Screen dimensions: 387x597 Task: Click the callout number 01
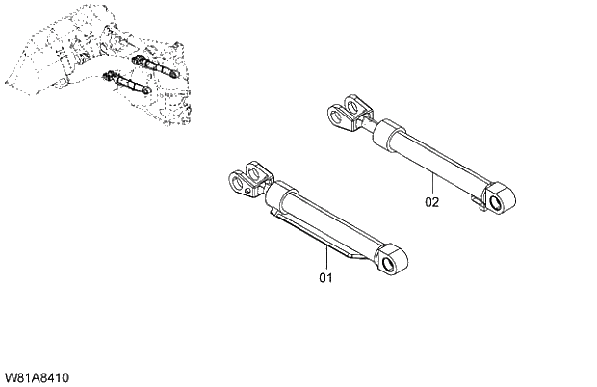pyautogui.click(x=325, y=277)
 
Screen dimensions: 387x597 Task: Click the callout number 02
pyautogui.click(x=431, y=202)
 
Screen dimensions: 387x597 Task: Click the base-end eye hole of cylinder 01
pyautogui.click(x=391, y=263)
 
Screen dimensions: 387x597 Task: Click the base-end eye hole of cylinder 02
pyautogui.click(x=499, y=200)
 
